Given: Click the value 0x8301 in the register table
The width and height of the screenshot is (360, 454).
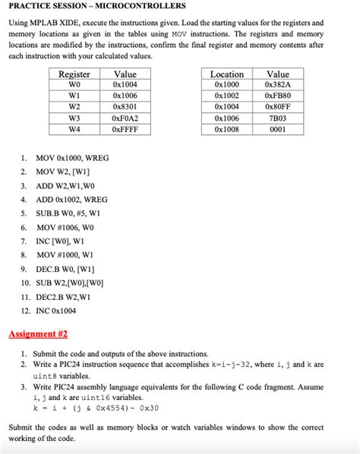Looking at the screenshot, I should click(x=125, y=108).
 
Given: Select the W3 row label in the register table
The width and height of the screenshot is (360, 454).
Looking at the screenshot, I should click(x=74, y=119).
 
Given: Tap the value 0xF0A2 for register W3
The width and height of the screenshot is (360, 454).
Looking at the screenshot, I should click(x=125, y=119).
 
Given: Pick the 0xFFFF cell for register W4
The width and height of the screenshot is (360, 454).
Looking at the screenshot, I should click(x=125, y=130).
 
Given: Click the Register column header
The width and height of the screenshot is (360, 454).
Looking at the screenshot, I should click(x=74, y=74).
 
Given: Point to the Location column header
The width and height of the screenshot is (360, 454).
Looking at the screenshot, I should click(x=226, y=74).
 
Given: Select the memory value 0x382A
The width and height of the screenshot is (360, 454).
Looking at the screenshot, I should click(x=278, y=86).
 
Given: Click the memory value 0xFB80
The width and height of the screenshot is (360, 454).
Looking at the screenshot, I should click(x=278, y=96).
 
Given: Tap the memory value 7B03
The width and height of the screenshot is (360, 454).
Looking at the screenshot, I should click(x=278, y=119).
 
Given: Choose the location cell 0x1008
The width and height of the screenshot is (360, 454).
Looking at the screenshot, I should click(x=226, y=130).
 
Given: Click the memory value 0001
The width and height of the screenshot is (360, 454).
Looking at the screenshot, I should click(x=278, y=130).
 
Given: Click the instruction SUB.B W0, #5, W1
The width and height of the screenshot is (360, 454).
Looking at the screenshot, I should click(x=68, y=213).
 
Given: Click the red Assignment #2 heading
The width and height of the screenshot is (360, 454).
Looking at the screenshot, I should click(x=38, y=333).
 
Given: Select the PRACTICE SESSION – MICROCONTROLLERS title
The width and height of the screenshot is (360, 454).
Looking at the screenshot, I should click(x=96, y=6).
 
